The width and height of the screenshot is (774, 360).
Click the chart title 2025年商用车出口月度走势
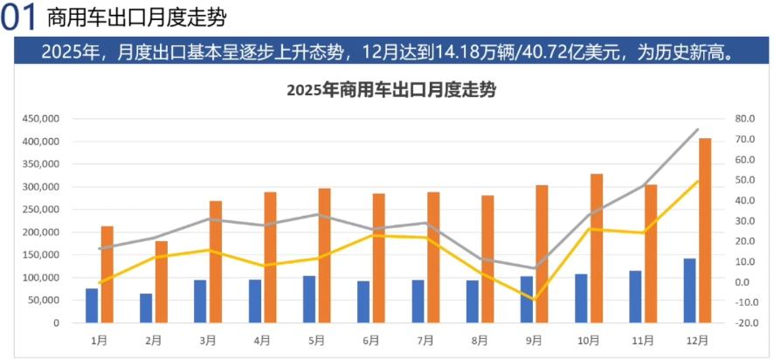tap(390, 90)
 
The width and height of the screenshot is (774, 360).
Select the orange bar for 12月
tap(704, 230)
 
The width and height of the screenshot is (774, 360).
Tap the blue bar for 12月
tap(689, 290)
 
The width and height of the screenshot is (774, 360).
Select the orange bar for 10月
tap(596, 248)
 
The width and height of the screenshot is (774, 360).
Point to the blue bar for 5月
tap(309, 299)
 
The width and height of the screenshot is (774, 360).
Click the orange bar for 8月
tap(487, 259)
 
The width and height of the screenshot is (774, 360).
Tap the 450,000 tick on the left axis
tap(42, 119)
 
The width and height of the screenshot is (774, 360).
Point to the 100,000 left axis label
tap(42, 278)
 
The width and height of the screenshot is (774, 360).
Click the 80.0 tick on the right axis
tap(745, 119)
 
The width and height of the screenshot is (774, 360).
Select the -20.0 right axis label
tap(744, 323)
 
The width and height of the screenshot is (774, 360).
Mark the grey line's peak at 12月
tap(697, 129)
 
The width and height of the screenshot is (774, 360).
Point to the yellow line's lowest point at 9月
tap(534, 299)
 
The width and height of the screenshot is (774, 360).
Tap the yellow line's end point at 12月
tap(697, 181)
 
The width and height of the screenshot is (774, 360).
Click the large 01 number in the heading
tap(19, 18)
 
